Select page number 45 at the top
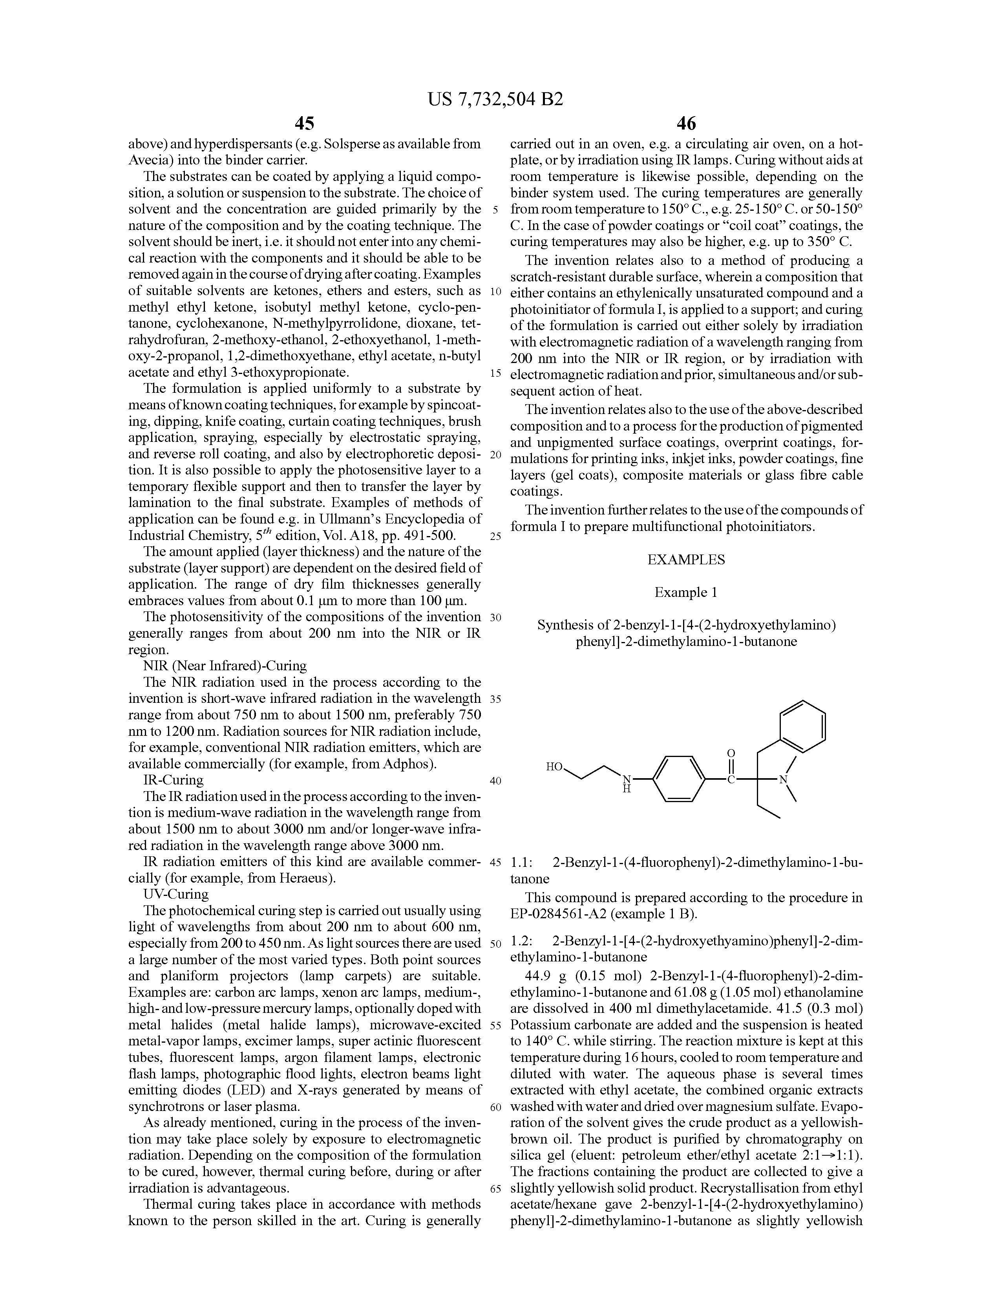pyautogui.click(x=304, y=123)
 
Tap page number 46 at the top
pyautogui.click(x=686, y=123)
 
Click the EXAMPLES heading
pyautogui.click(x=686, y=560)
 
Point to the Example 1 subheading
pyautogui.click(x=686, y=592)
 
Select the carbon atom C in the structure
pyautogui.click(x=731, y=780)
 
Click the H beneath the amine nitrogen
pyautogui.click(x=626, y=790)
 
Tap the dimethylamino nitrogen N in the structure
pyautogui.click(x=783, y=780)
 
